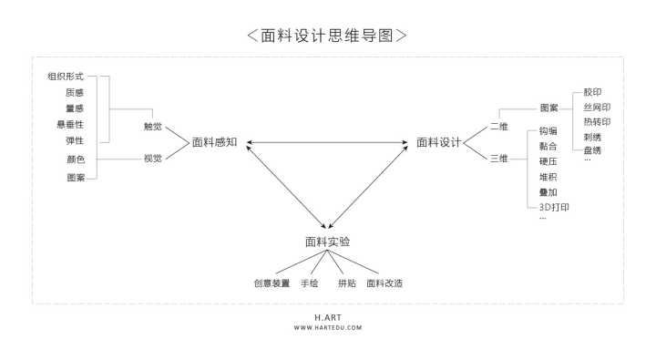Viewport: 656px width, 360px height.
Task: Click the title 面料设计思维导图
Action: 327,36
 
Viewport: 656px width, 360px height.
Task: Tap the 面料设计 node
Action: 439,142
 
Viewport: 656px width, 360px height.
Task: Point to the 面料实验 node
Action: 327,242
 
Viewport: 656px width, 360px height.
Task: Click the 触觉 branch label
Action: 153,126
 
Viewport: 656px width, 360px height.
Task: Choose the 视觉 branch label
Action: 153,158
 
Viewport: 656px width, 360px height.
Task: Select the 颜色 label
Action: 76,159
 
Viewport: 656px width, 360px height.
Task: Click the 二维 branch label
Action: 499,126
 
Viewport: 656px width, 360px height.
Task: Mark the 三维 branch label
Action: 499,158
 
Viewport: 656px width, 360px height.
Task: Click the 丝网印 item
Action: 597,107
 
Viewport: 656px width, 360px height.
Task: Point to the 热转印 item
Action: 597,121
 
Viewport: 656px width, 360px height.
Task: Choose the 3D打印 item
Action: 554,208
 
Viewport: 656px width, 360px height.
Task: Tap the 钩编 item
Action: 548,131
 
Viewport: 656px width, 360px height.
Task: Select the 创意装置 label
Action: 272,283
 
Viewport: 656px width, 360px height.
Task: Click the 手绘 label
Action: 309,283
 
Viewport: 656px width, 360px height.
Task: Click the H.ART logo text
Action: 327,318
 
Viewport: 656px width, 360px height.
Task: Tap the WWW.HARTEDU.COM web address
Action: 327,328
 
